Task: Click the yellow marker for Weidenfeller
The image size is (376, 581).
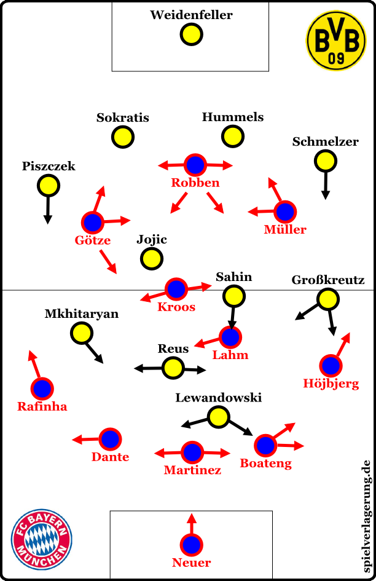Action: coord(191,34)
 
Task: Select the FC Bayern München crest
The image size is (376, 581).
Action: coord(42,539)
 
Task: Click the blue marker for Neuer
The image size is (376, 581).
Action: coord(192,545)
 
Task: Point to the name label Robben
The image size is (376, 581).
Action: coord(195,183)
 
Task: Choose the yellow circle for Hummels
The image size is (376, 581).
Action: coord(233,136)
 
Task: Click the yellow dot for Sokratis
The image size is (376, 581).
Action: coord(123,137)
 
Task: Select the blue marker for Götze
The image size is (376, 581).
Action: coord(93,222)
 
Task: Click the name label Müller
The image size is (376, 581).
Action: coord(285,229)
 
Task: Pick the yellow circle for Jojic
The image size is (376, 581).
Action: coord(151,259)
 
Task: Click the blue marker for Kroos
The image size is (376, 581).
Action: coord(176,288)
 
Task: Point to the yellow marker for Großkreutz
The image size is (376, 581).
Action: coord(328,299)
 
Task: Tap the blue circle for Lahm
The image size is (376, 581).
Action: coord(230,337)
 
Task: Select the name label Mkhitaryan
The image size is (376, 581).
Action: coord(82,314)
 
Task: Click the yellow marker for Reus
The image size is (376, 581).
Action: coord(173,368)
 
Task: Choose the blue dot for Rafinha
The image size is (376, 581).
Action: coord(42,388)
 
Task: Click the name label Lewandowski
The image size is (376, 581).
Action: coord(219,398)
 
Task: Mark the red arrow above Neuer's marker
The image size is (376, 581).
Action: coord(192,523)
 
